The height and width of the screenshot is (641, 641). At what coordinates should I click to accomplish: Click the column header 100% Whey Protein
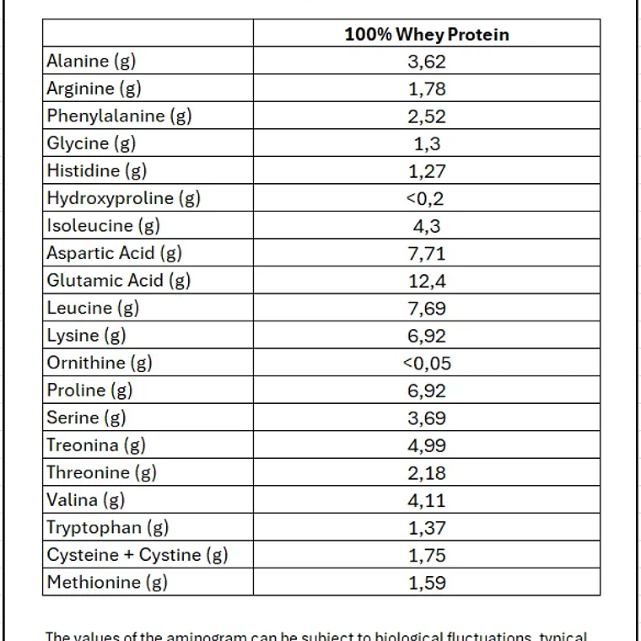(427, 34)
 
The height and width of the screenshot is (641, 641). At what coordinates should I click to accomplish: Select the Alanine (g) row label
(91, 61)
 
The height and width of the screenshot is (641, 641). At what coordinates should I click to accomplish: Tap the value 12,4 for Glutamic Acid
(427, 280)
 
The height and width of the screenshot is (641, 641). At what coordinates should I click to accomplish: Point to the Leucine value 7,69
(427, 308)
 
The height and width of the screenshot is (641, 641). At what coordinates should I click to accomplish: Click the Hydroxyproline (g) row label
(123, 198)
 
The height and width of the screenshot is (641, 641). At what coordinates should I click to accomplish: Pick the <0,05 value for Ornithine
(427, 363)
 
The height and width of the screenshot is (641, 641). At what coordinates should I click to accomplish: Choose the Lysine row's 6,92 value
(427, 336)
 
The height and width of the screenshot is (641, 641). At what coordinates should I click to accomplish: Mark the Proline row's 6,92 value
(427, 391)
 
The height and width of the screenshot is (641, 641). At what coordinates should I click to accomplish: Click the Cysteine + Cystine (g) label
(137, 555)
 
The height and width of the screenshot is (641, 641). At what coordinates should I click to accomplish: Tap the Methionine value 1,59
(427, 582)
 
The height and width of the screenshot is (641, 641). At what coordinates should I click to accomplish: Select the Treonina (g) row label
(96, 444)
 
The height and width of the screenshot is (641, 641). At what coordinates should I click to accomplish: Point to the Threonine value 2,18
(427, 472)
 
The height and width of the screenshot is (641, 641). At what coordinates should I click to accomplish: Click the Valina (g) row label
(86, 500)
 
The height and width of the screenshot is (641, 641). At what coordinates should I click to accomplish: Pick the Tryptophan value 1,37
(427, 527)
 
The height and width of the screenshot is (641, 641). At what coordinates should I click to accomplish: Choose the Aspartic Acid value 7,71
(427, 253)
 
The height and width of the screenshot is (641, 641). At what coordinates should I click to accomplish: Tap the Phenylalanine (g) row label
(119, 116)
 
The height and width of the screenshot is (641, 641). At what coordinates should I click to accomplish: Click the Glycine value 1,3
(427, 143)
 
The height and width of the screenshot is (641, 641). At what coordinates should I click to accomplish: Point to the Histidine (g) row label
(97, 170)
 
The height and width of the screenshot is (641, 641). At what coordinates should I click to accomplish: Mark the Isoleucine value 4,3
(427, 225)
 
